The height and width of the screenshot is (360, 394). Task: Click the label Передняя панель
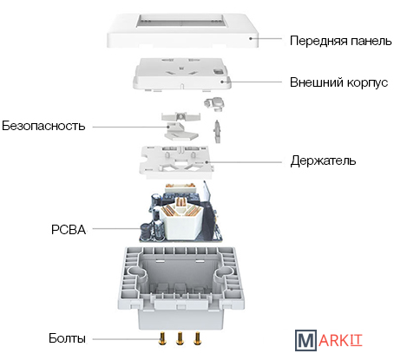(x=340, y=41)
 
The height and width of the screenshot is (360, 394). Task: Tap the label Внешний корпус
(x=338, y=82)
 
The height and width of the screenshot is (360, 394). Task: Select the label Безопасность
(x=43, y=126)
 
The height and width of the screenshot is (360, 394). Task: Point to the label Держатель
(x=323, y=160)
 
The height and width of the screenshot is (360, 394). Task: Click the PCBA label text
(x=69, y=230)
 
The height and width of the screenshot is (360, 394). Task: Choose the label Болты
(x=67, y=338)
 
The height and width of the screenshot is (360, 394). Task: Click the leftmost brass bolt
(x=162, y=338)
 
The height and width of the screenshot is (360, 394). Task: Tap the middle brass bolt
(x=180, y=338)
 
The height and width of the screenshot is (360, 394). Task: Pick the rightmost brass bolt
(x=198, y=338)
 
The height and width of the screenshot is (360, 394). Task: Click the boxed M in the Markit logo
(x=305, y=341)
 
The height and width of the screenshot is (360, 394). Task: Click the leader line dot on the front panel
(x=251, y=38)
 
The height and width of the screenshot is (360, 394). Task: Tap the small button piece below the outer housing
(x=214, y=103)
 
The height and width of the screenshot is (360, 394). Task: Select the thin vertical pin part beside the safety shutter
(x=217, y=132)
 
